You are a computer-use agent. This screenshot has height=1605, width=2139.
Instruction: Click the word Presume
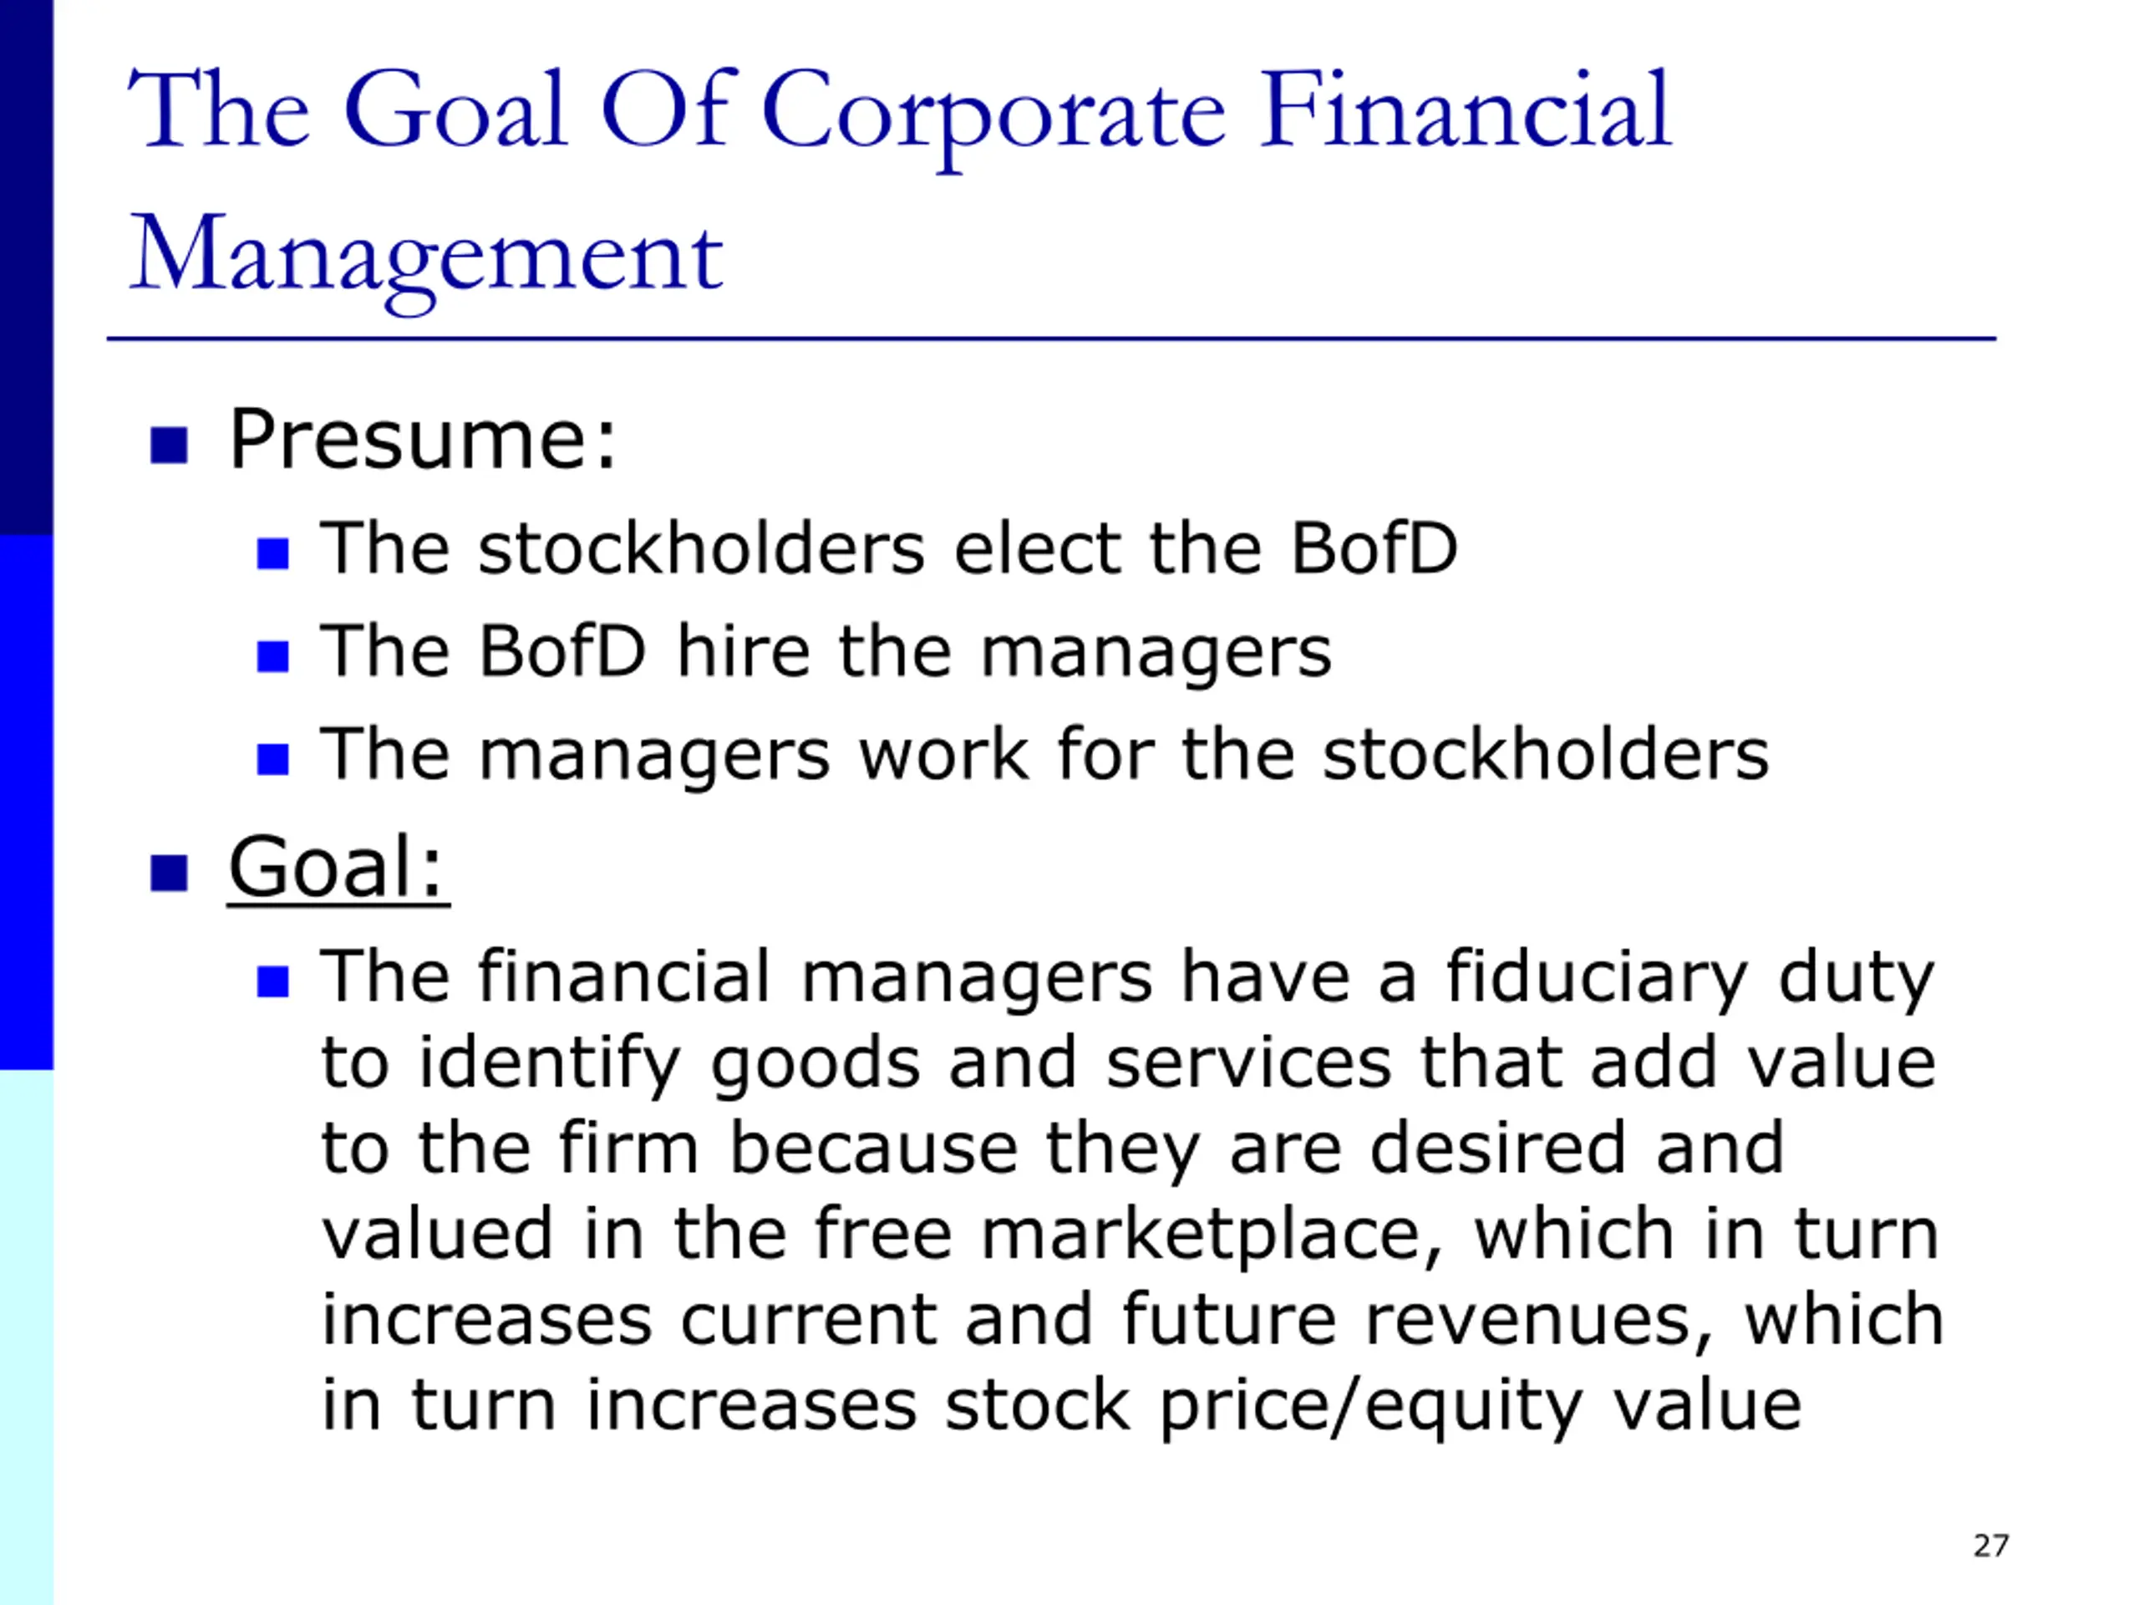tap(422, 441)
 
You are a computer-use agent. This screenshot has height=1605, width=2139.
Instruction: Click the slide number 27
tap(1991, 1545)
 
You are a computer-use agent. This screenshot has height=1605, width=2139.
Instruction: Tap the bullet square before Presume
tap(170, 446)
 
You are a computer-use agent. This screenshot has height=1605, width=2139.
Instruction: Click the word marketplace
tap(1212, 1236)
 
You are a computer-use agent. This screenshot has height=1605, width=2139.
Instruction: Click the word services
tap(1248, 1062)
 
